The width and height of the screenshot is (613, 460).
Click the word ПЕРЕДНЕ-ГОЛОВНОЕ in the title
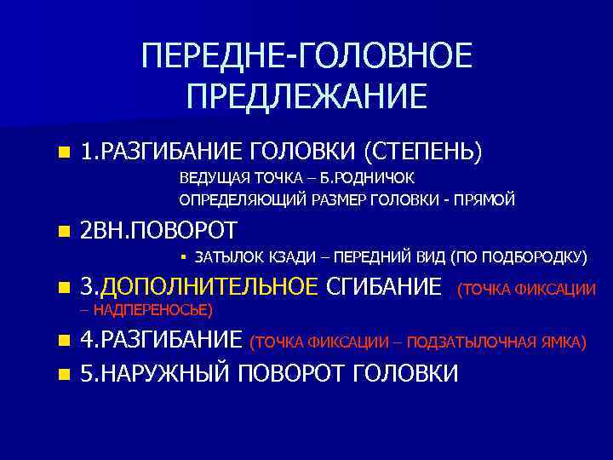click(x=306, y=58)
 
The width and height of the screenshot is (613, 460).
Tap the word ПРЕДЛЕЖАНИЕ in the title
click(x=306, y=96)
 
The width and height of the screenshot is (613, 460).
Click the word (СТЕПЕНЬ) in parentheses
click(x=423, y=152)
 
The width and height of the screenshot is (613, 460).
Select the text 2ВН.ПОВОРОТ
click(x=158, y=230)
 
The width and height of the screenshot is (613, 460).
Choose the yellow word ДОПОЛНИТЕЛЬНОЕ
click(x=209, y=285)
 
